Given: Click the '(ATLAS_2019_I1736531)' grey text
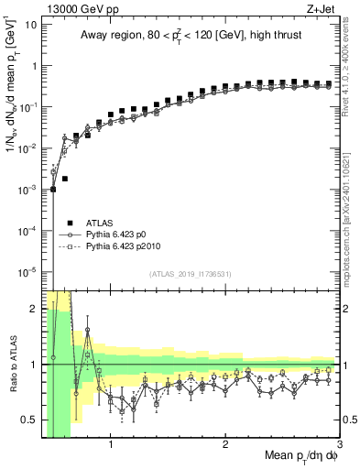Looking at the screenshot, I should point(191,274).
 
